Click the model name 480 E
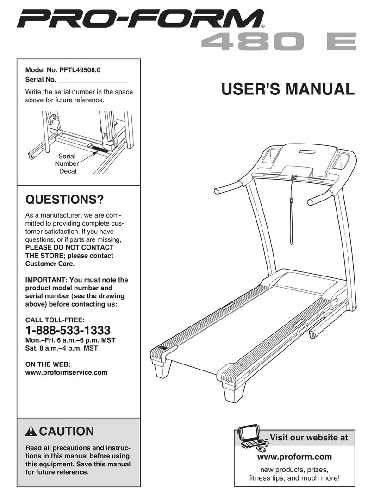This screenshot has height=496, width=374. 278,42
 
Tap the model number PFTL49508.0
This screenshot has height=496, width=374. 80,70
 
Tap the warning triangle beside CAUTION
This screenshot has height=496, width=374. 31,432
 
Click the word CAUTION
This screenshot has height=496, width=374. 67,432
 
